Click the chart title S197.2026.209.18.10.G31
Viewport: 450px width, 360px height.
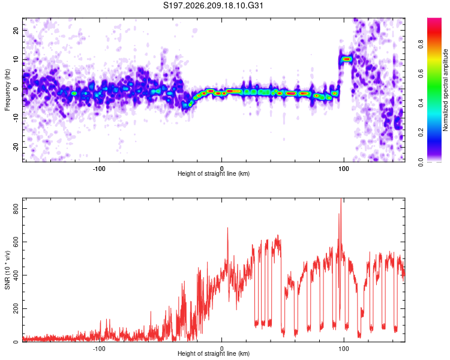point(213,5)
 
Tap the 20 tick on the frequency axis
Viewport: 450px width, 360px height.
point(16,30)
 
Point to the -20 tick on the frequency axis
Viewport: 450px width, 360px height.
point(16,148)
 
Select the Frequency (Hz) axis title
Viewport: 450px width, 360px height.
point(7,90)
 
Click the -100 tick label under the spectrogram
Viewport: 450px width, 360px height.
point(99,169)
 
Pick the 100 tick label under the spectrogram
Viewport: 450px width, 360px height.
point(344,169)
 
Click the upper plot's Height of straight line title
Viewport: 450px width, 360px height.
point(214,173)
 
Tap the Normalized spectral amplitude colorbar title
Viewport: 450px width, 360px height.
point(445,90)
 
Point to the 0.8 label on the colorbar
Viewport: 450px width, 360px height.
point(421,44)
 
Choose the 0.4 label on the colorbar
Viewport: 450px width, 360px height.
point(421,103)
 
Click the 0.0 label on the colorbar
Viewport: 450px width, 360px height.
point(421,162)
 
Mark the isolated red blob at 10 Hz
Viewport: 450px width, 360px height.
point(347,59)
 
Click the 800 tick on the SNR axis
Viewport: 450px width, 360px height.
point(16,209)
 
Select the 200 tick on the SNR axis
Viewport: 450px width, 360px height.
point(16,308)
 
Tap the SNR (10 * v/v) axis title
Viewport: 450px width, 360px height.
point(7,270)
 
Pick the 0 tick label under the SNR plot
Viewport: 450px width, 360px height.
point(221,349)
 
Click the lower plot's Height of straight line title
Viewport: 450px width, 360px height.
point(214,353)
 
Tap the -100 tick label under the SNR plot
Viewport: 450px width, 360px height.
point(99,349)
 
